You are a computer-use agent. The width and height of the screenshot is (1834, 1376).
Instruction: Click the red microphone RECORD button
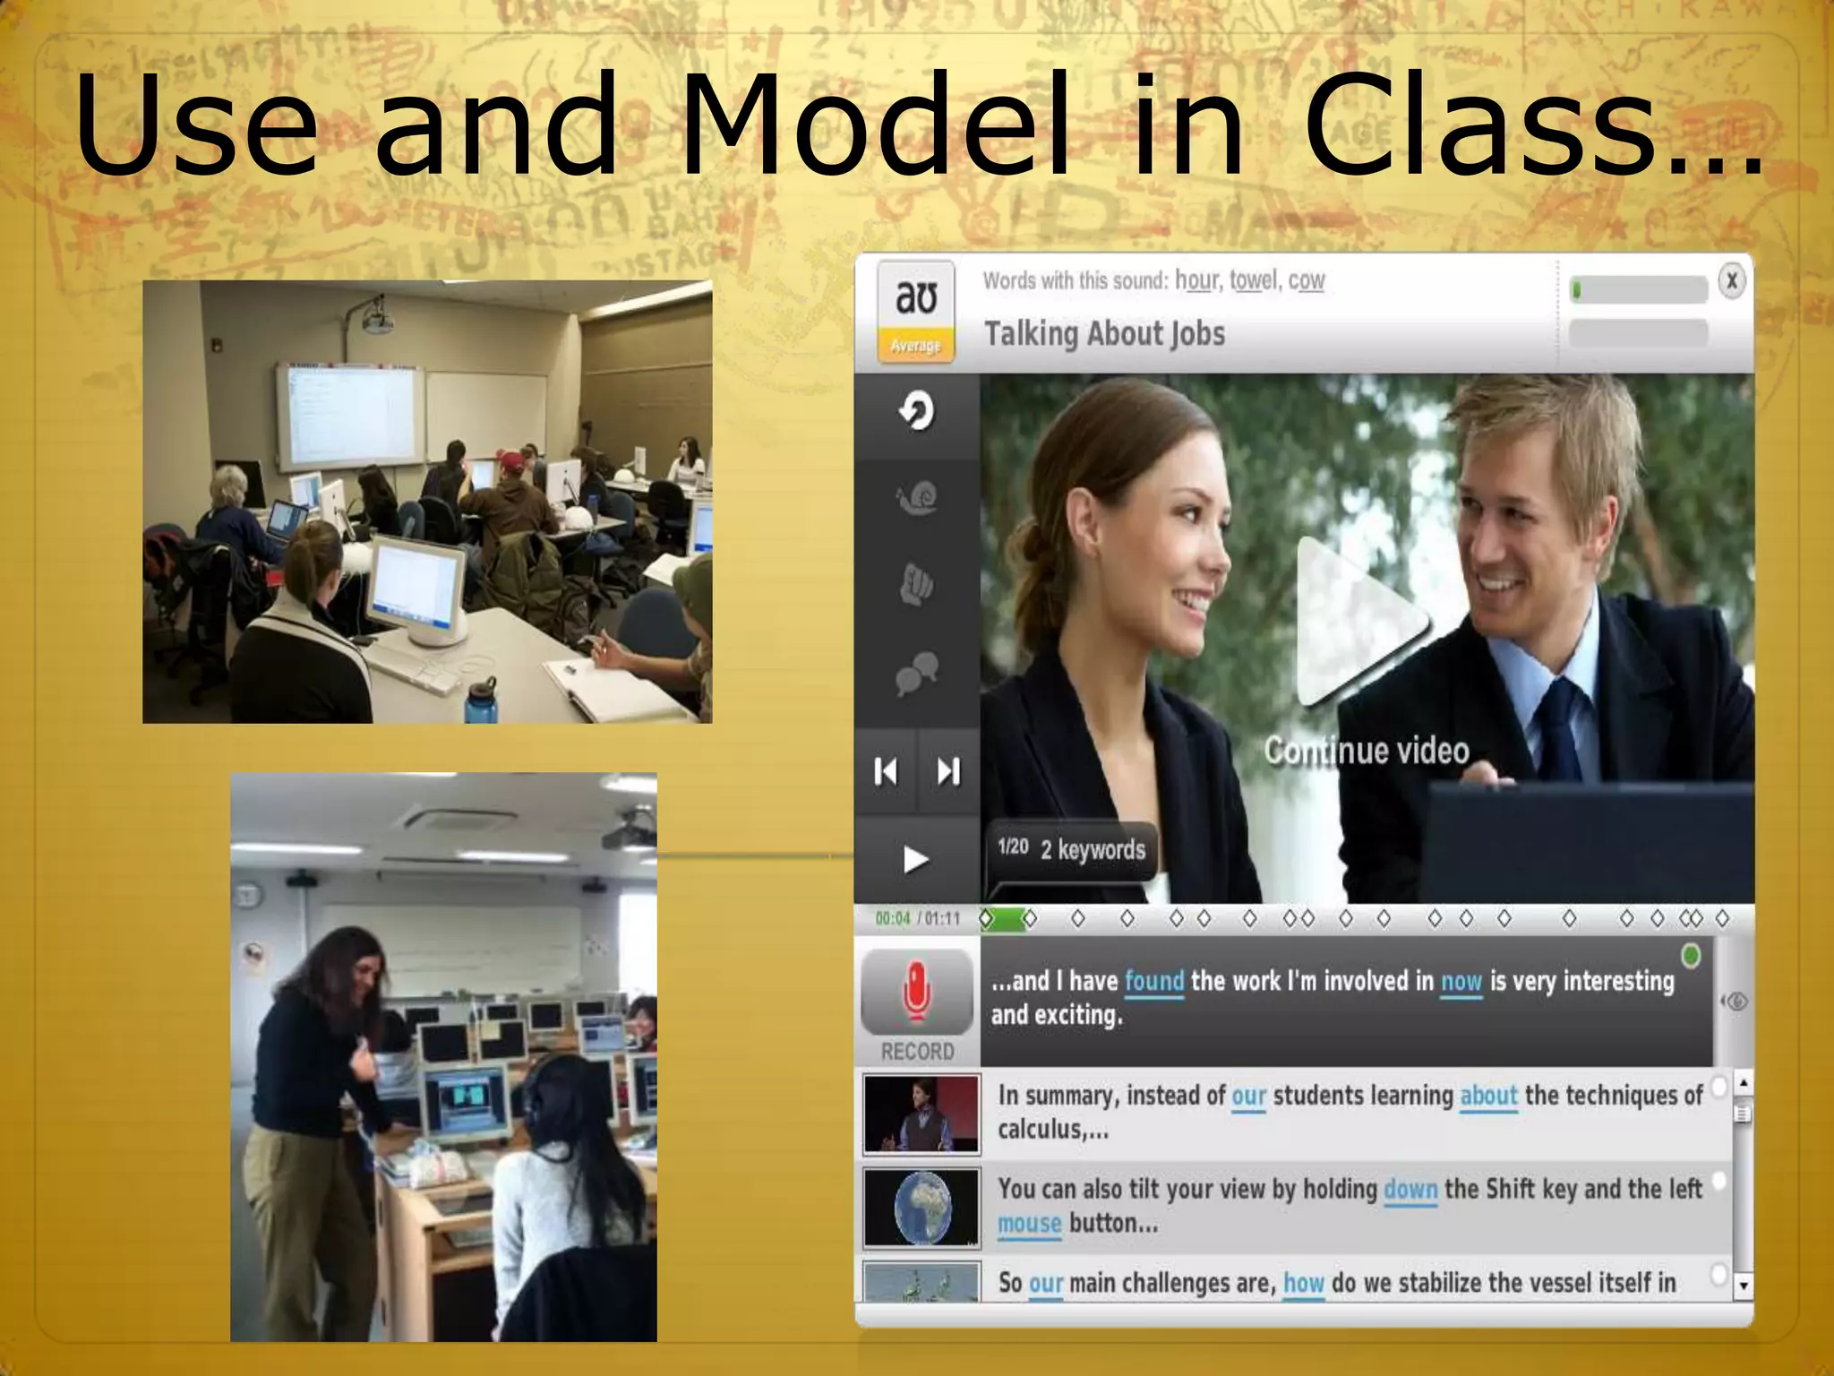[916, 993]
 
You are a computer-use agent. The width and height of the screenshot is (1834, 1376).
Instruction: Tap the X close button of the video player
[1731, 281]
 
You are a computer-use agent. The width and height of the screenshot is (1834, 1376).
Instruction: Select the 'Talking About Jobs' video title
[1104, 334]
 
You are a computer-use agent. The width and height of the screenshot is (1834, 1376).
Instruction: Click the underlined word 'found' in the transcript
[1153, 981]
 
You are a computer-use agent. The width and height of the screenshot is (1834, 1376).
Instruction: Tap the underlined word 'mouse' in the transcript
[1029, 1223]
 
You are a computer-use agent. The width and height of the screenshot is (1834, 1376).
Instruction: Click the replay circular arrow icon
[916, 412]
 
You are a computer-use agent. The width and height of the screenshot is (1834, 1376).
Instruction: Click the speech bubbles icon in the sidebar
[916, 672]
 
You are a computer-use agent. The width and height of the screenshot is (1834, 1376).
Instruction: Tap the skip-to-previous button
[885, 770]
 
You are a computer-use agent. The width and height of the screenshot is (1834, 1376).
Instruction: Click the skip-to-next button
[948, 770]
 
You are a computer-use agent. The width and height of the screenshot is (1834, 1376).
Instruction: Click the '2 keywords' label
[1093, 849]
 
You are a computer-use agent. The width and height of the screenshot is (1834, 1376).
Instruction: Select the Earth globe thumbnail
[921, 1207]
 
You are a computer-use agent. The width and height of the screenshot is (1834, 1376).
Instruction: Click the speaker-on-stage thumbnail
[921, 1114]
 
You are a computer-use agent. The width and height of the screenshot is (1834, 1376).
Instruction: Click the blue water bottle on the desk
[479, 701]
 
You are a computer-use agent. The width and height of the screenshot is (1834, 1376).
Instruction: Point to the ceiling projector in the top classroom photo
[376, 317]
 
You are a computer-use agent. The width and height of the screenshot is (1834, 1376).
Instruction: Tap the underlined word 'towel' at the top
[1253, 280]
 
